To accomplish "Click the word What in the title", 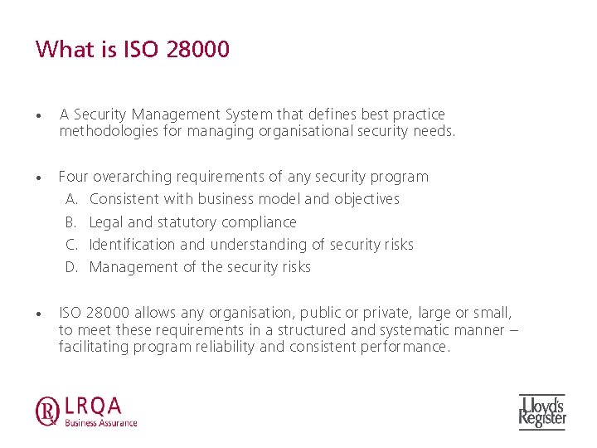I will [x=65, y=50].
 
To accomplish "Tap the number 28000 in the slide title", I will [x=197, y=50].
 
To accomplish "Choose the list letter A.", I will [x=71, y=199].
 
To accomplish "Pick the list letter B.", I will [x=71, y=222].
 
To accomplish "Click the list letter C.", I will [x=71, y=245].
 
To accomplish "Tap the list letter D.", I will [x=71, y=267].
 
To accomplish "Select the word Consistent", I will [x=124, y=199].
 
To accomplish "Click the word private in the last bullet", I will [x=375, y=313].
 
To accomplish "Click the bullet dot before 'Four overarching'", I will [x=39, y=178].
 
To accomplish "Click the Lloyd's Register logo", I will [x=542, y=411].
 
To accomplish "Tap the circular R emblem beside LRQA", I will [x=46, y=411].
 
